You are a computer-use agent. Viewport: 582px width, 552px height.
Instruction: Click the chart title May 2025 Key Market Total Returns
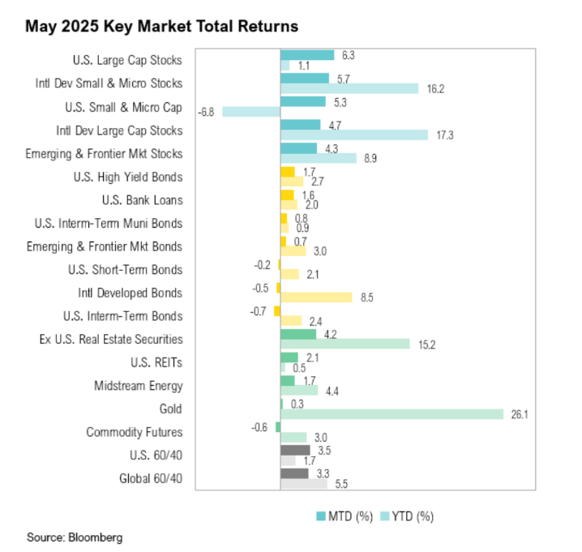point(161,27)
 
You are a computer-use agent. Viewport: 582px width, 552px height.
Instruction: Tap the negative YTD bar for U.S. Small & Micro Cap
point(250,112)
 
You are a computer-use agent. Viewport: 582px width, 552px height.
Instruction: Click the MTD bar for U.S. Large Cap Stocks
point(306,55)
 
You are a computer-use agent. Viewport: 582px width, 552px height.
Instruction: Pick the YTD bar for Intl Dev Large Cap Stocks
point(353,135)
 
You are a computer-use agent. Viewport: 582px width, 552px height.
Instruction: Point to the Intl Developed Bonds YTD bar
point(316,297)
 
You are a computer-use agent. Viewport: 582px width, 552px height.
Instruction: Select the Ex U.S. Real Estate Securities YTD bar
point(344,344)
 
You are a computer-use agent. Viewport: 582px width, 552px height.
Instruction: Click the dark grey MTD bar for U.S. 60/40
point(294,449)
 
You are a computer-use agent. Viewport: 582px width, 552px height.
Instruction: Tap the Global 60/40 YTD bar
point(303,484)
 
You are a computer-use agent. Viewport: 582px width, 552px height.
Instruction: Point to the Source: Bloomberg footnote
point(75,537)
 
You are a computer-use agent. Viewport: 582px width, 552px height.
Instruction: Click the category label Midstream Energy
point(138,386)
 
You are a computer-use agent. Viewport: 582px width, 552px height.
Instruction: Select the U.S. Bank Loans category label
point(143,200)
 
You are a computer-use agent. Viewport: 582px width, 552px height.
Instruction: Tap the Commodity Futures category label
point(135,432)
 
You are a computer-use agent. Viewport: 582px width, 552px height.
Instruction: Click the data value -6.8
point(205,112)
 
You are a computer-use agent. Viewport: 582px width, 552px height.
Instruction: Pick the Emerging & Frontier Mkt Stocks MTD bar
point(298,148)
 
